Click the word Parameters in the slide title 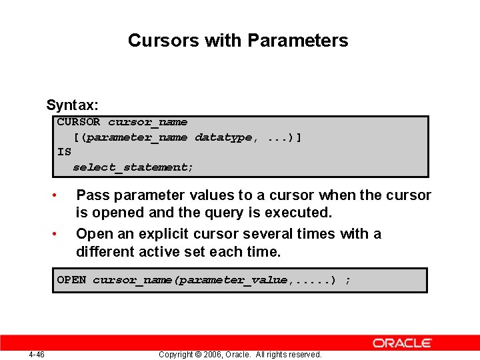point(297,41)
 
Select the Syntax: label point(72,105)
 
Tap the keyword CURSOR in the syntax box point(78,122)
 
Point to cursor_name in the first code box point(147,122)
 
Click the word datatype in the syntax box point(223,137)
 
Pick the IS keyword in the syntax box point(64,152)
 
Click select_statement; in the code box point(133,167)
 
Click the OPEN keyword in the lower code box point(71,280)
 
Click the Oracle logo point(403,343)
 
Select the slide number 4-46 point(37,354)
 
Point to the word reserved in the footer point(304,355)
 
